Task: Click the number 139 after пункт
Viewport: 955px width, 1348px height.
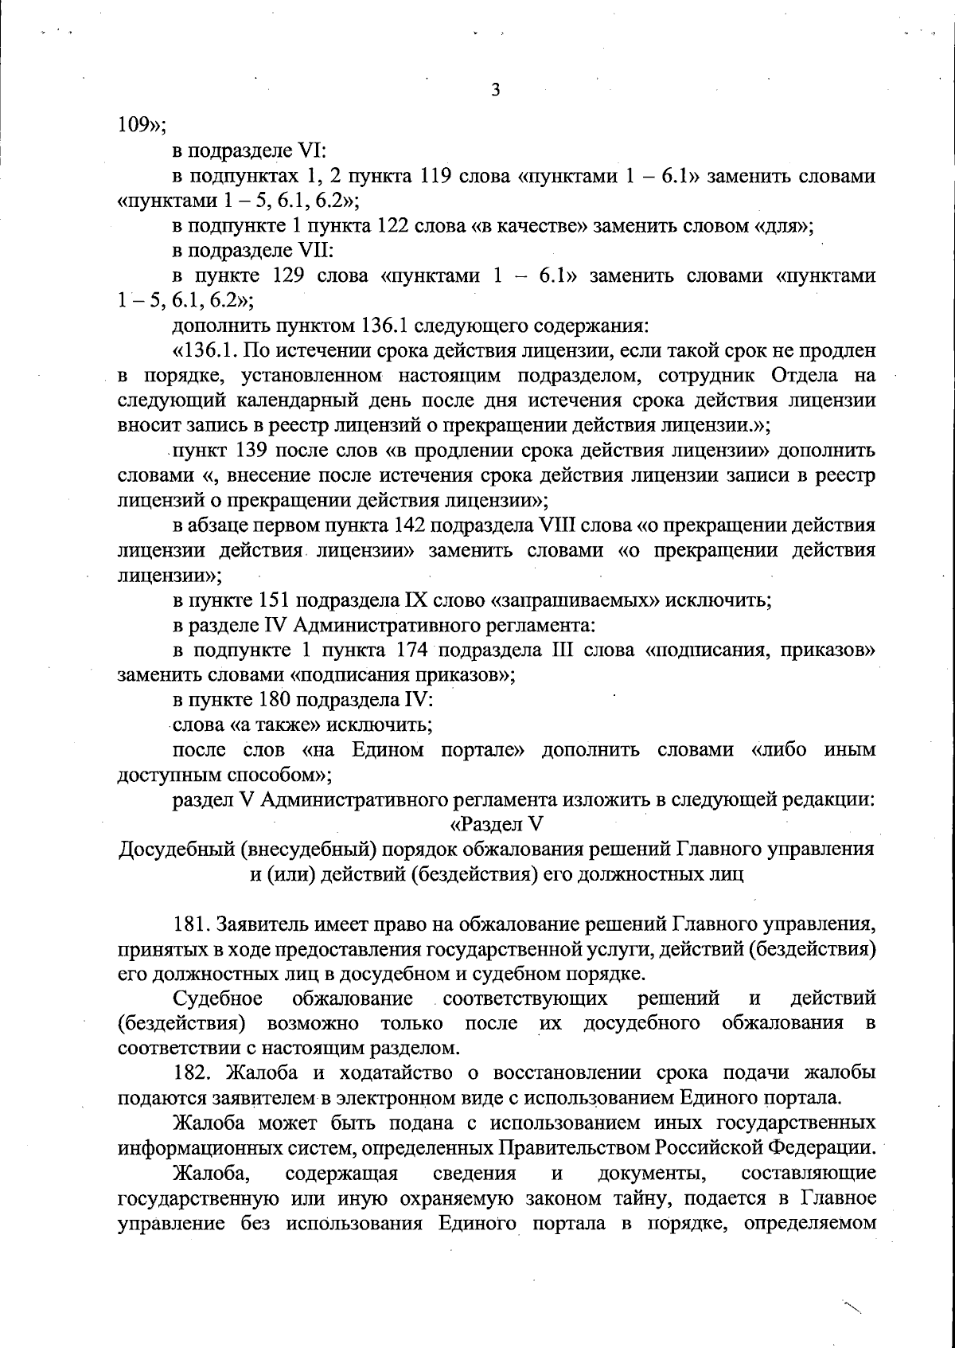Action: click(254, 451)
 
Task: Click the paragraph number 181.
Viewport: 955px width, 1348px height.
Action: click(190, 924)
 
